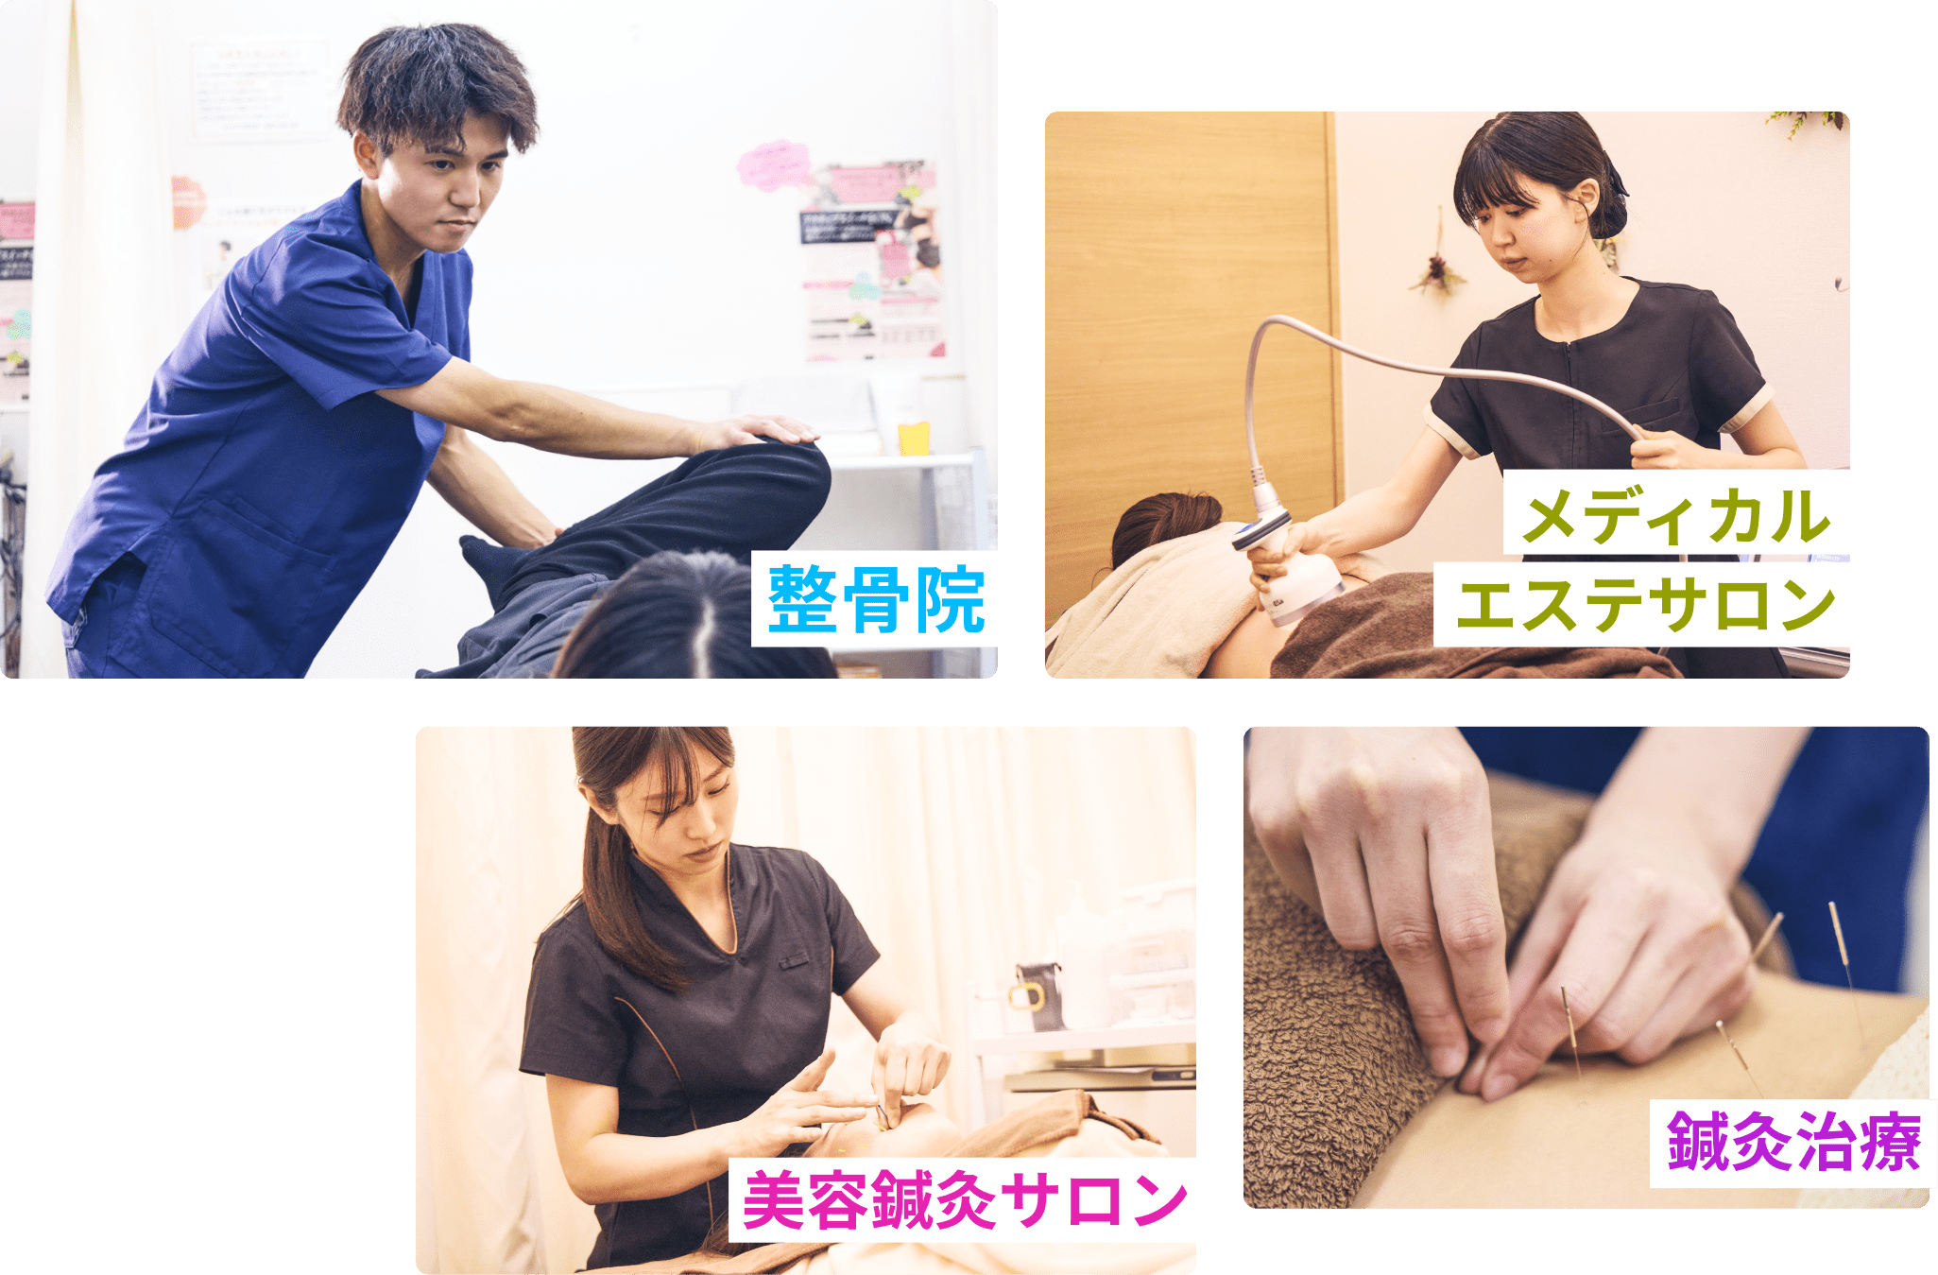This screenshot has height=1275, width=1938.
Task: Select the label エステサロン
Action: pos(1644,606)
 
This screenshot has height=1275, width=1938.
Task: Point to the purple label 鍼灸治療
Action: pos(1792,1143)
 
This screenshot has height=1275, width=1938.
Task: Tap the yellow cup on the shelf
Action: pos(914,439)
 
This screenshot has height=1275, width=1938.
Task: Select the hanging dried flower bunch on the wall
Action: pos(1438,270)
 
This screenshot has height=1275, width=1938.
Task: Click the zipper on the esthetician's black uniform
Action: pos(1571,397)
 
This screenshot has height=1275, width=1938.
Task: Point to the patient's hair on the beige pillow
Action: pos(1162,525)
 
